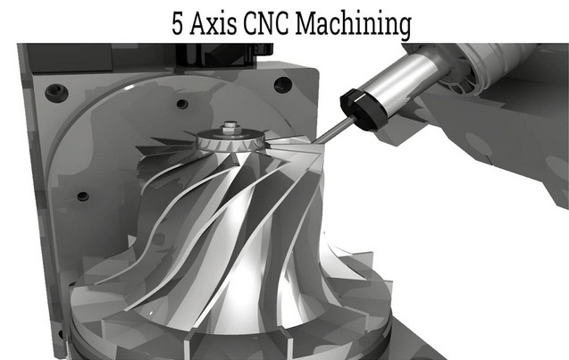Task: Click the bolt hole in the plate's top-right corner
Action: click(282, 86)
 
